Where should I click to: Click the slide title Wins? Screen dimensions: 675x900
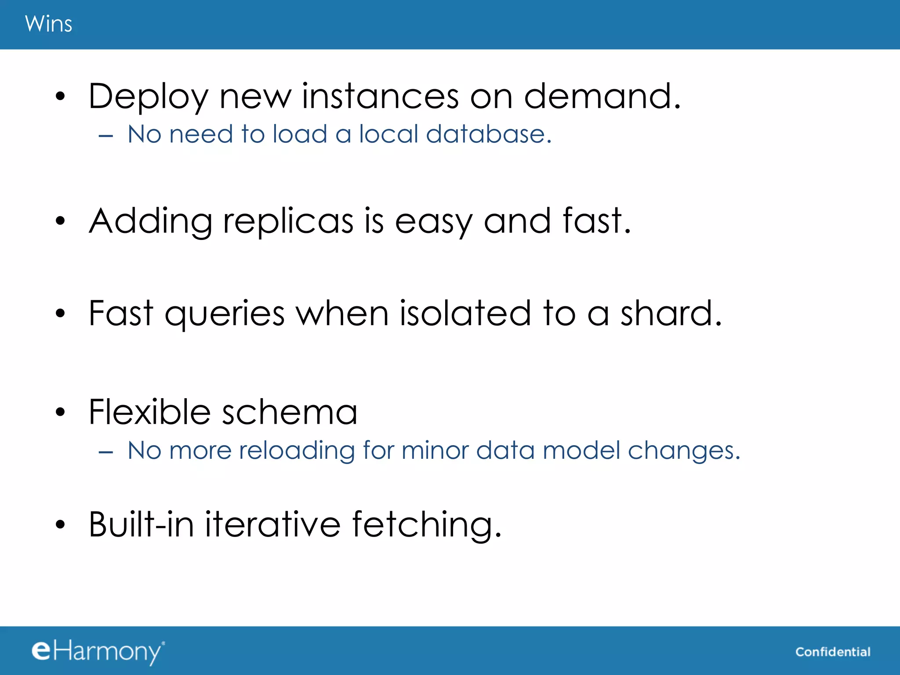48,24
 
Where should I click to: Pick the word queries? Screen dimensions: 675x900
225,315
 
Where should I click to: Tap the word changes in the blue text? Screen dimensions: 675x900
684,451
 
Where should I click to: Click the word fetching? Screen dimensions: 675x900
426,525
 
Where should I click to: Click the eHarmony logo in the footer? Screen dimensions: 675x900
98,651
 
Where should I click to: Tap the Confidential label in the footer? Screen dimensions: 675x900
833,652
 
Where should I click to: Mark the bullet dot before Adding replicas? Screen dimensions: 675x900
60,221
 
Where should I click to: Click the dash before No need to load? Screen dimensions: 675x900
106,136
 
